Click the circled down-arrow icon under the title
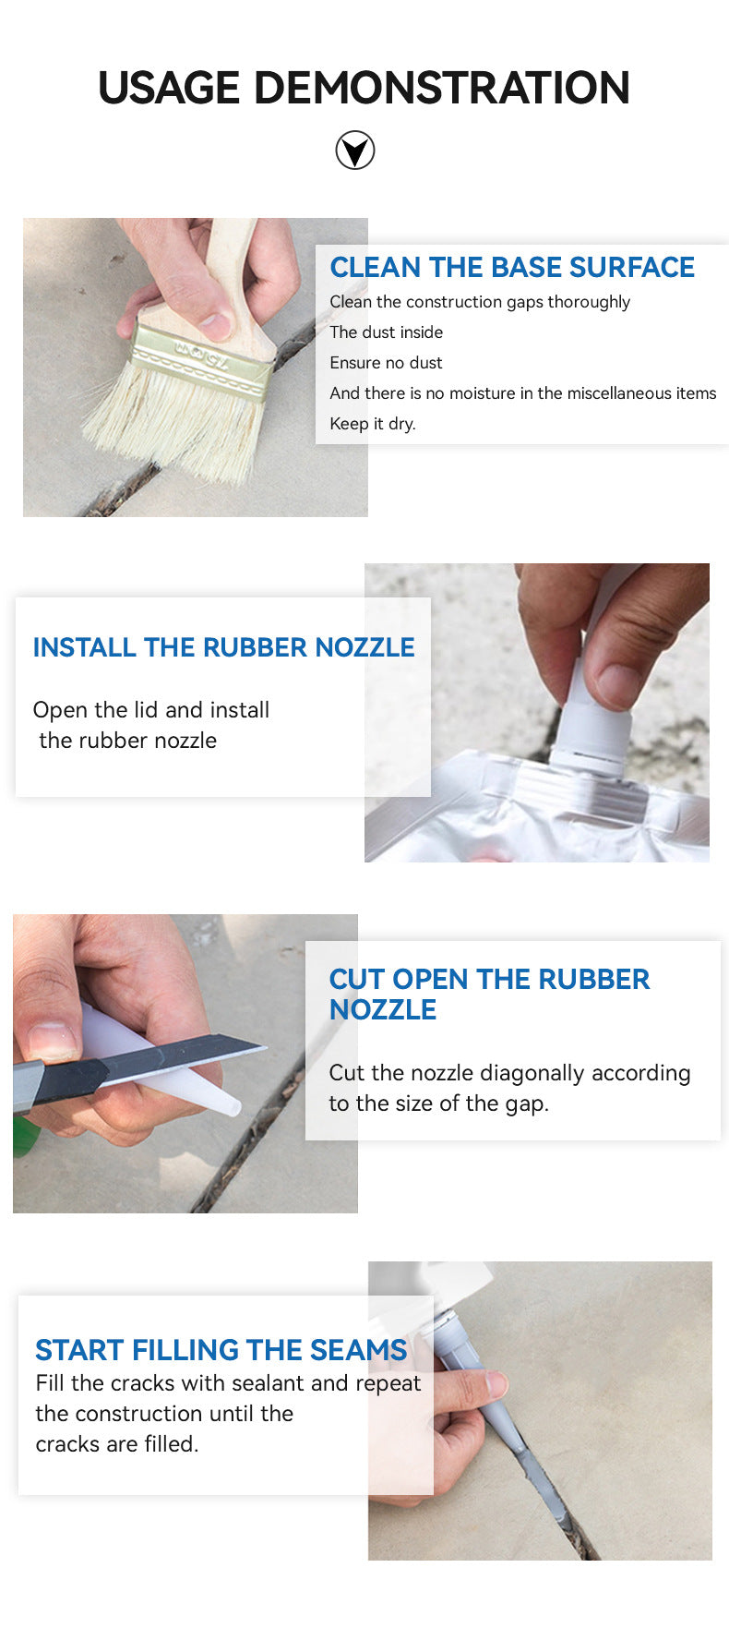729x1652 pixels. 355,151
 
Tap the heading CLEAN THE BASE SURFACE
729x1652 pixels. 512,267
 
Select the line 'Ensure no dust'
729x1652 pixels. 386,363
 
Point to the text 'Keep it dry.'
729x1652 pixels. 373,424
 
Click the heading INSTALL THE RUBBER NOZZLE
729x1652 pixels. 223,647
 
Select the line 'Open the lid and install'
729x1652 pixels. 151,710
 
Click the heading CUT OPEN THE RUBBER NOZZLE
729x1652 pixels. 489,995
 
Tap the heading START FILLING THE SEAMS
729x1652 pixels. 221,1350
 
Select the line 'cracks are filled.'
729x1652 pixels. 117,1444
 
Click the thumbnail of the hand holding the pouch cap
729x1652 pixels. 537,713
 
